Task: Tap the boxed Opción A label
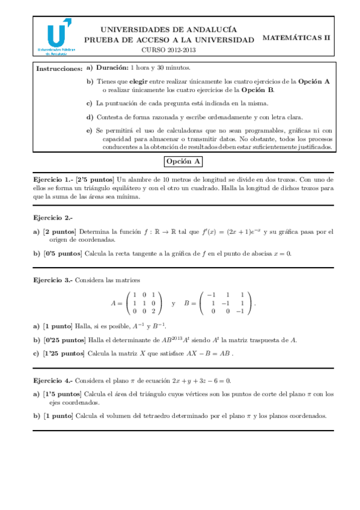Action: tap(183, 161)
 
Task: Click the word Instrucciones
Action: tap(59, 69)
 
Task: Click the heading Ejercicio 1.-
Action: tap(52, 179)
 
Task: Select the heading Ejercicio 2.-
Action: tap(52, 217)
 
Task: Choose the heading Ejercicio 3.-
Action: tap(52, 280)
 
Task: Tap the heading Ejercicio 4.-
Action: tap(52, 381)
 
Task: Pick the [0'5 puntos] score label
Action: tap(63, 253)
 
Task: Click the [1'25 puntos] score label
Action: tap(64, 354)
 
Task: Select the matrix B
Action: tap(226, 303)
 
